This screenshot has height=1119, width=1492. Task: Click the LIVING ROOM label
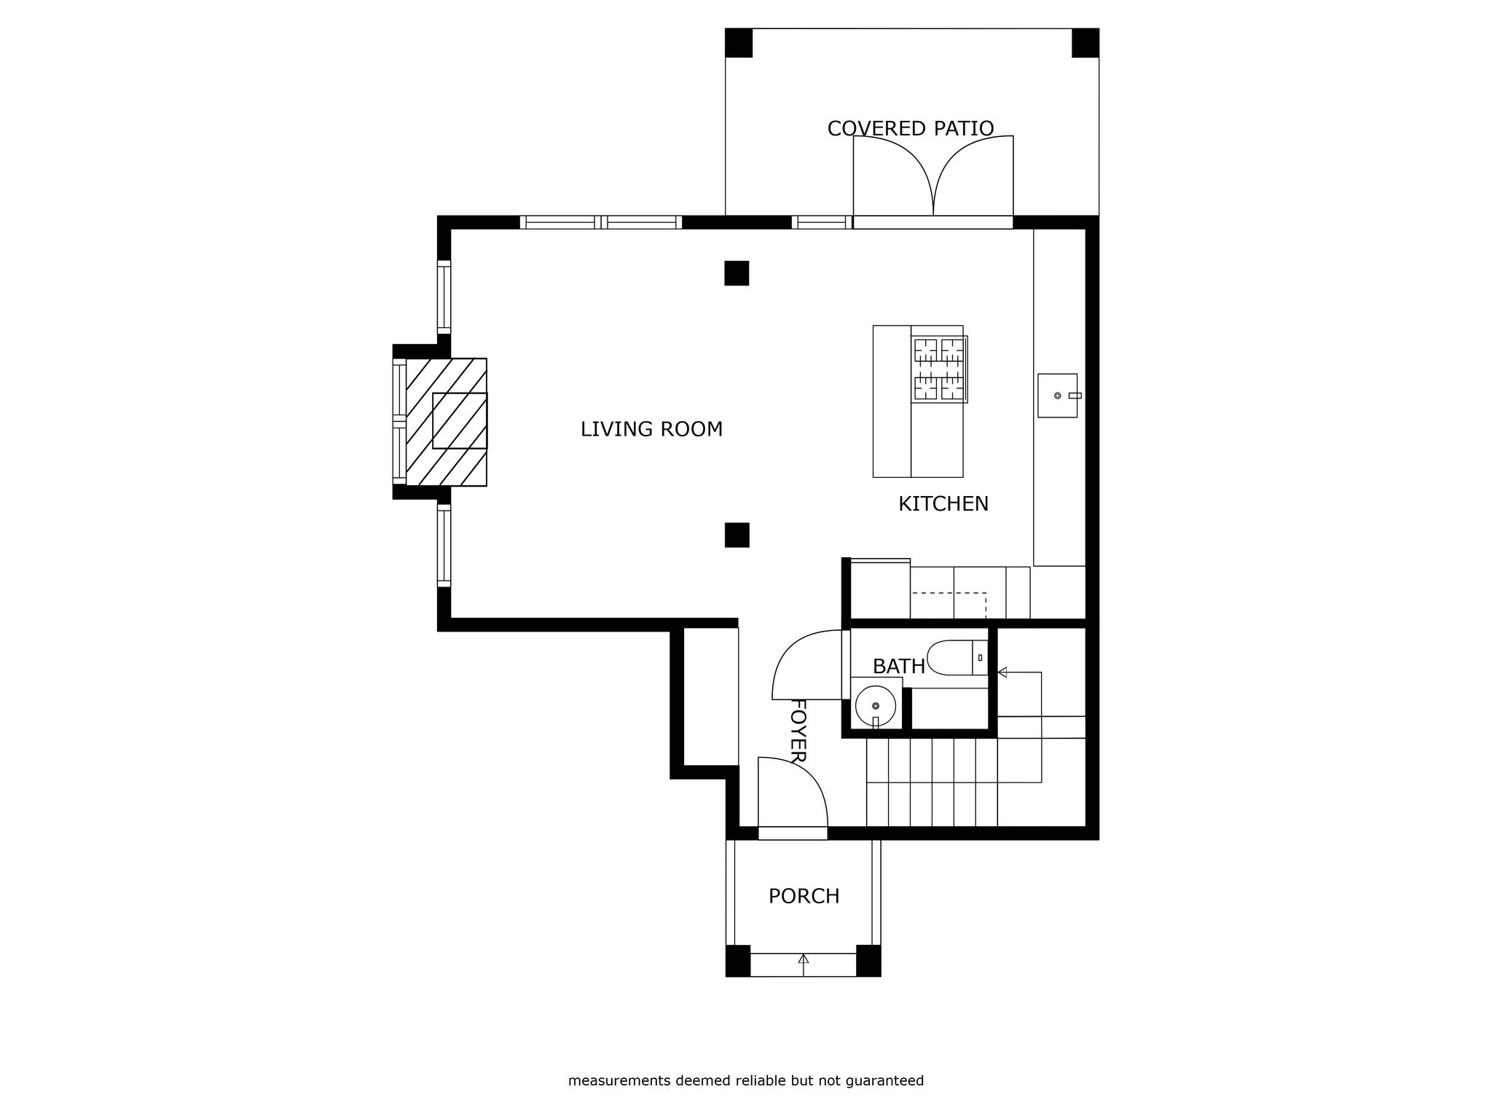tap(651, 430)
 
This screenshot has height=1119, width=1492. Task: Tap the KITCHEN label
tap(943, 504)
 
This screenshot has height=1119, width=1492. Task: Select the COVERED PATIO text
tap(910, 129)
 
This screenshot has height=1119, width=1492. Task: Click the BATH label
tap(898, 667)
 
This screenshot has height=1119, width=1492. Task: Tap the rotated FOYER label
tap(798, 731)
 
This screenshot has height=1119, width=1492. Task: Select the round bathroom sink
tap(875, 705)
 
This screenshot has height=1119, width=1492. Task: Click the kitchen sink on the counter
tap(1056, 396)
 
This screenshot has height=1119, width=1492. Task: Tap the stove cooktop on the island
tap(939, 369)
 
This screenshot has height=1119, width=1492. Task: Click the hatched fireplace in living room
tap(446, 422)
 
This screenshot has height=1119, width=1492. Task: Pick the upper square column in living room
tap(737, 273)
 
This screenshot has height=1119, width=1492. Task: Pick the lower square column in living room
tap(737, 535)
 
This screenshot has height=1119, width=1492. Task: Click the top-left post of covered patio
tap(739, 43)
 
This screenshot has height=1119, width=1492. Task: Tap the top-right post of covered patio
tap(1085, 43)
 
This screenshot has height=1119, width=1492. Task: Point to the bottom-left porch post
tap(738, 960)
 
